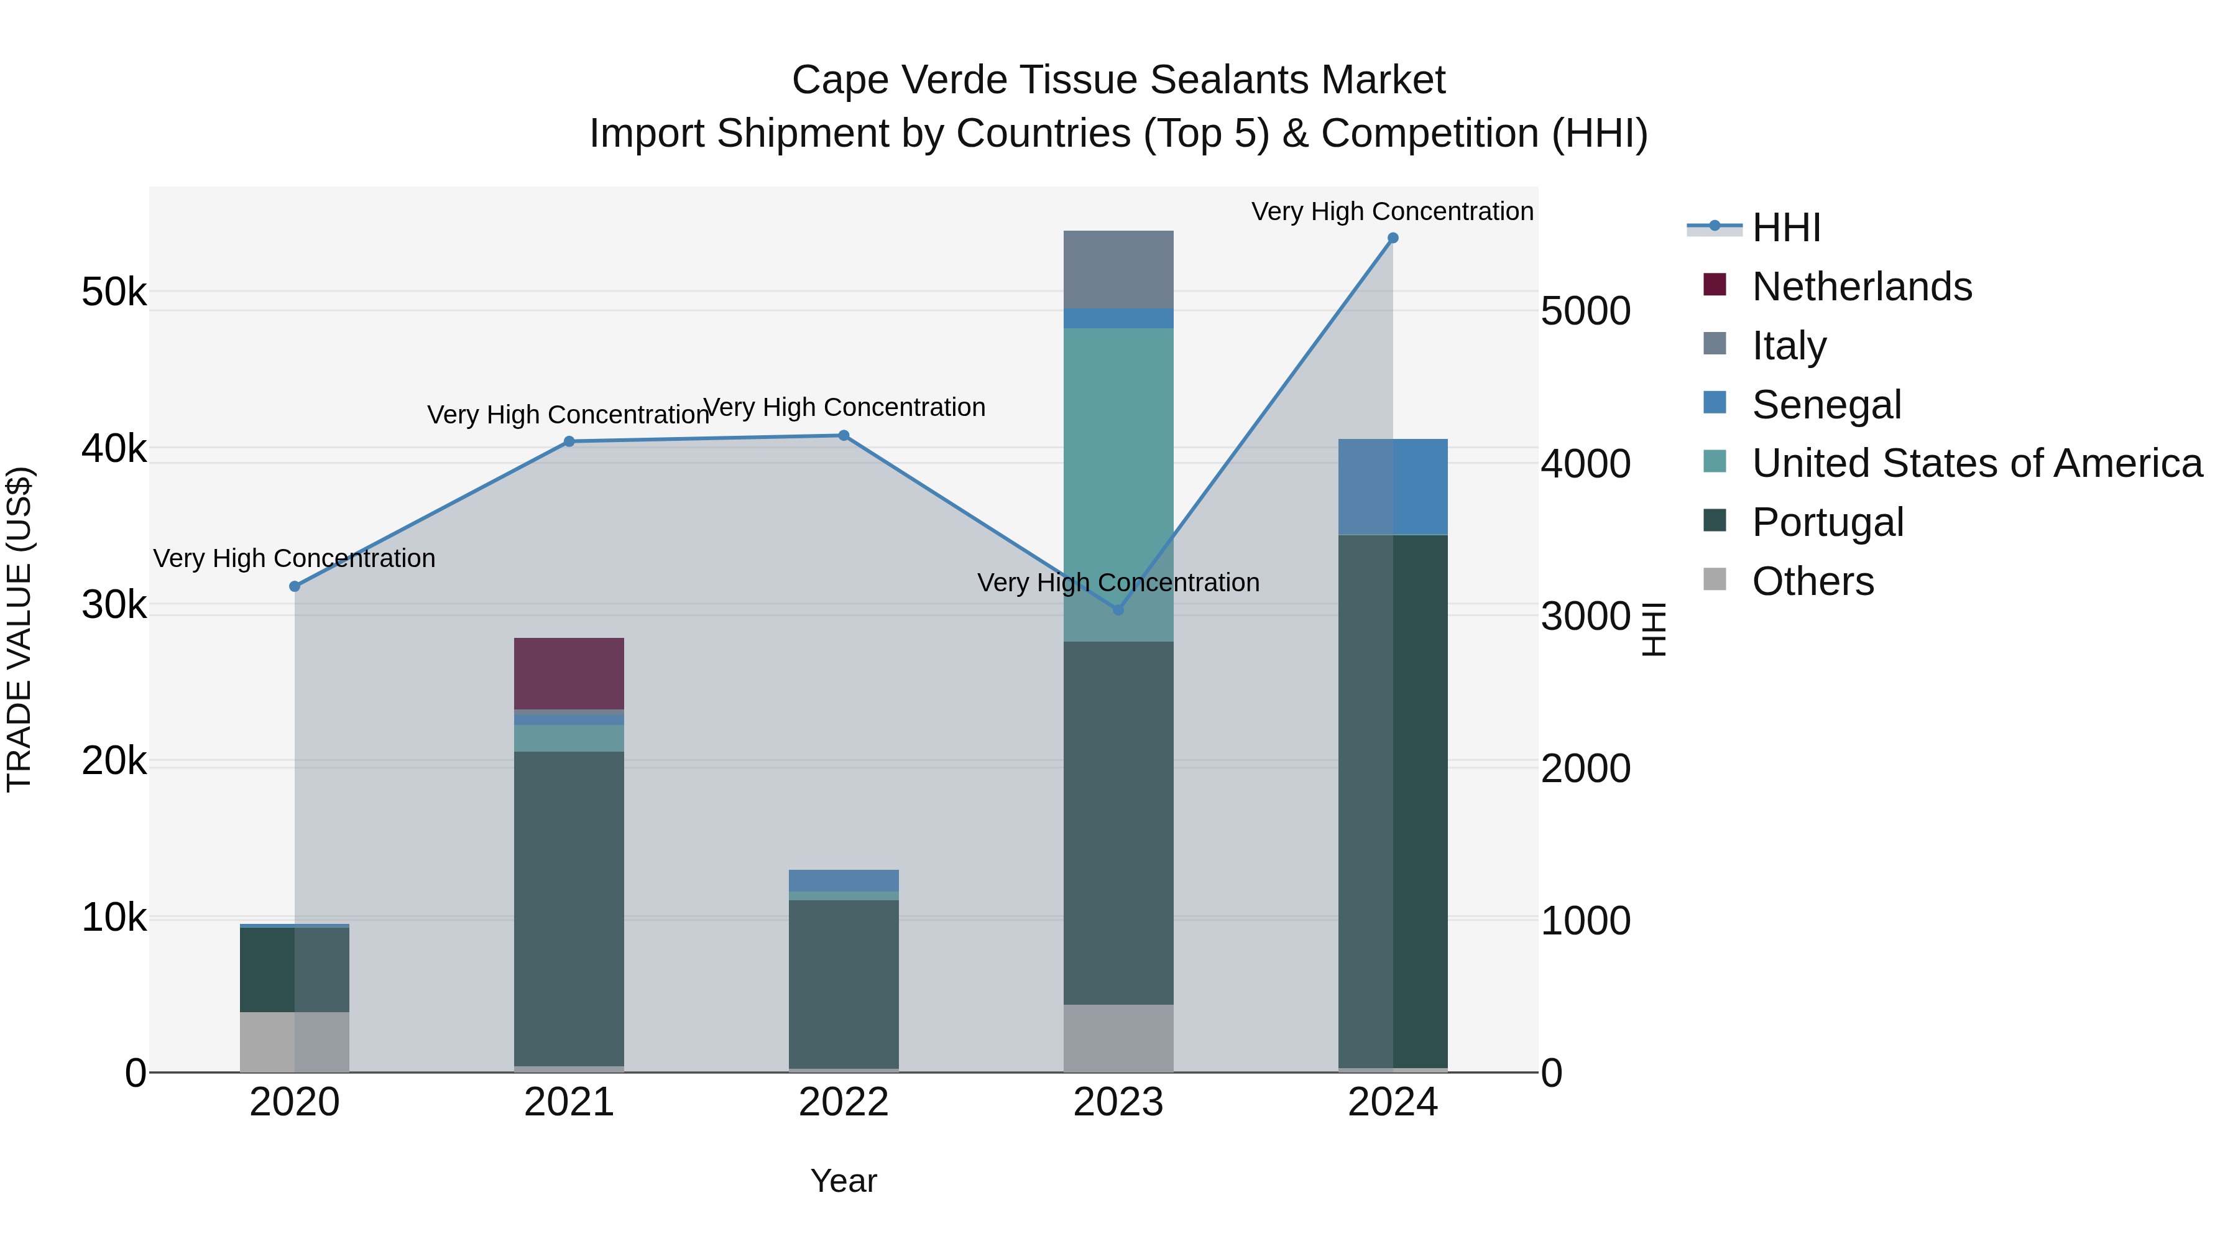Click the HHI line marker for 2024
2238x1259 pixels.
(1393, 238)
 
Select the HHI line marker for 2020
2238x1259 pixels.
(295, 586)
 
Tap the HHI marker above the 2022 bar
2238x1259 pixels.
(844, 435)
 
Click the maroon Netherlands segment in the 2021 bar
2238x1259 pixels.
(569, 673)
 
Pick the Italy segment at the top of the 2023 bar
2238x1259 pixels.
(1118, 269)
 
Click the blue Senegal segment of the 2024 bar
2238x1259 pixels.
(1393, 487)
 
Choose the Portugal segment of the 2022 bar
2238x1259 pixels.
(844, 982)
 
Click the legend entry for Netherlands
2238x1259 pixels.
(1861, 287)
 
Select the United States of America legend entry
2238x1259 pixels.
(1976, 463)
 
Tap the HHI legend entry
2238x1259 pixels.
(1785, 228)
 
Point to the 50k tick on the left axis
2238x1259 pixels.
(114, 292)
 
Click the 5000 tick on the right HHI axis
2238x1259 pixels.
(1585, 311)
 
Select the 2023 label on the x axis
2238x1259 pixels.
(1118, 1102)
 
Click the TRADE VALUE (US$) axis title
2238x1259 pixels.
(19, 629)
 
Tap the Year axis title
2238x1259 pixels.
(844, 1181)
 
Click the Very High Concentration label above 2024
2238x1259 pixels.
(1392, 211)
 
